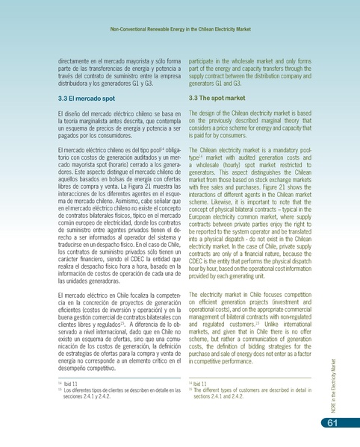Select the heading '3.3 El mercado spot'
[87, 98]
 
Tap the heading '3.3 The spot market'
[219, 98]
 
